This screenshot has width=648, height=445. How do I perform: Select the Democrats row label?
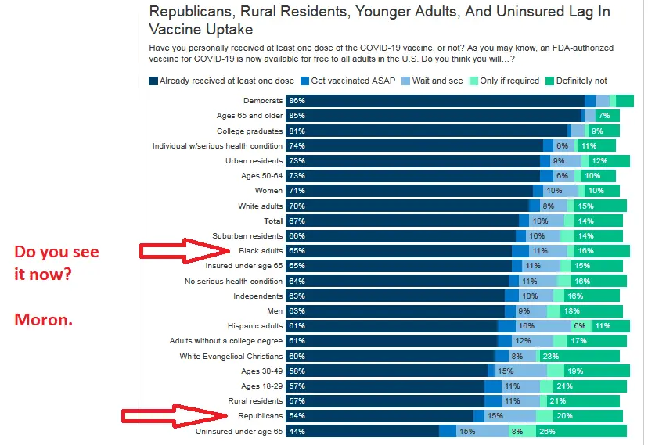[263, 101]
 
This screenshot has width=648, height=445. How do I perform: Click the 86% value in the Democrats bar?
[297, 101]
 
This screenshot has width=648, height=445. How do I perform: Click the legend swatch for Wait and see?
[406, 81]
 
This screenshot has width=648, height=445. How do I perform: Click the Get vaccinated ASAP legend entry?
[349, 81]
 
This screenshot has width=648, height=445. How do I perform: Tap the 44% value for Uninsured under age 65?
[297, 431]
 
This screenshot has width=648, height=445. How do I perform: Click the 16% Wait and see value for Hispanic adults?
[526, 326]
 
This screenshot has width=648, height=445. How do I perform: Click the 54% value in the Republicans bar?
[297, 415]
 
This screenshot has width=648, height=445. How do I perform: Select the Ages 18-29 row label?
[261, 386]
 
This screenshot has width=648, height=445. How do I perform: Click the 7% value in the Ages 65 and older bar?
[603, 116]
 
